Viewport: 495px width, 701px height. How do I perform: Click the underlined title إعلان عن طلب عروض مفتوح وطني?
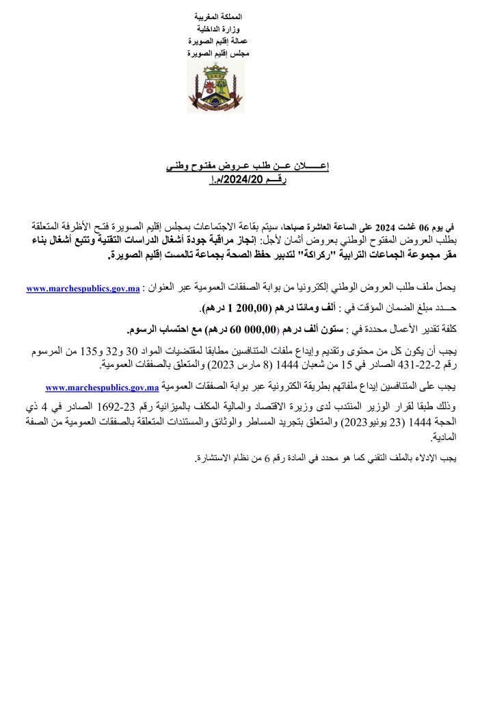[247, 166]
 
